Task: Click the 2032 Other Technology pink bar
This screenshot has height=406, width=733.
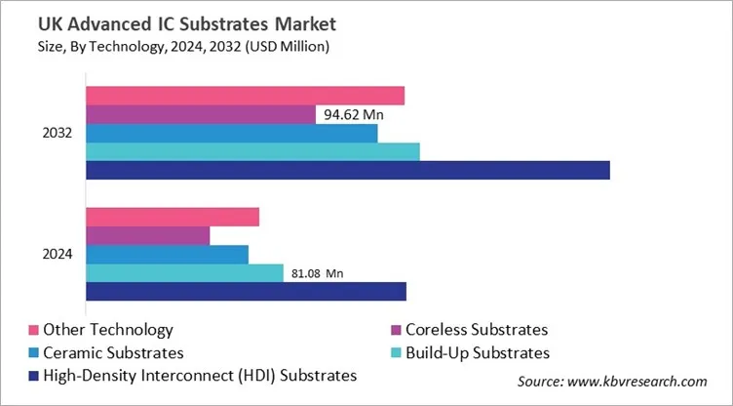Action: point(245,96)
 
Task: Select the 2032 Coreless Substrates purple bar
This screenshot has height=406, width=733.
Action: point(201,114)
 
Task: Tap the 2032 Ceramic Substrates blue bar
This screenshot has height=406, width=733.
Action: point(231,133)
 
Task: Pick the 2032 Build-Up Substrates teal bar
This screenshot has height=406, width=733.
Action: point(252,151)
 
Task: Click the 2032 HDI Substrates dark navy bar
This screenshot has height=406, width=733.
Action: point(347,170)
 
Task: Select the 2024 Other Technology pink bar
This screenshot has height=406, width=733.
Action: point(173,217)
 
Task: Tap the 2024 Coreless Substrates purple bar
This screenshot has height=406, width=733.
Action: point(147,235)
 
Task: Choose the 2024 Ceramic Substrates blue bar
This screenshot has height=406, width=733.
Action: point(167,254)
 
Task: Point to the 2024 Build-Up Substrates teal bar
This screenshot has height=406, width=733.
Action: point(184,272)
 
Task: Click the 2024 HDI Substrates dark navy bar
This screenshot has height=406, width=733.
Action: point(246,291)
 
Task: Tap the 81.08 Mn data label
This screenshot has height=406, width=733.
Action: point(319,273)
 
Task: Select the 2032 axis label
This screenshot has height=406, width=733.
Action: point(58,133)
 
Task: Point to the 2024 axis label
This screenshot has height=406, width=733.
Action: point(58,254)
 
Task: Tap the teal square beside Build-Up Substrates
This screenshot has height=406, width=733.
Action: point(397,352)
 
